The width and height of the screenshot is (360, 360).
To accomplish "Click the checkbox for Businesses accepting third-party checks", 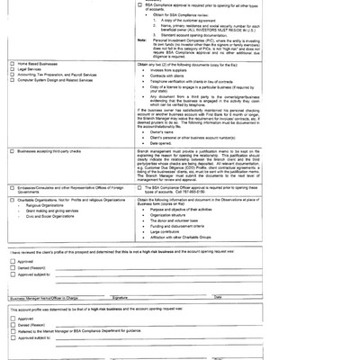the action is tap(11, 150).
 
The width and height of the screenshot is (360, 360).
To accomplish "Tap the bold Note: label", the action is tap(142, 40).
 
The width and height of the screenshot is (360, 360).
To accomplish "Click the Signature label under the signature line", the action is tap(119, 296).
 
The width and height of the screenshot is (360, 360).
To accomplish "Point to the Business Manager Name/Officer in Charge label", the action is tap(40, 296).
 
